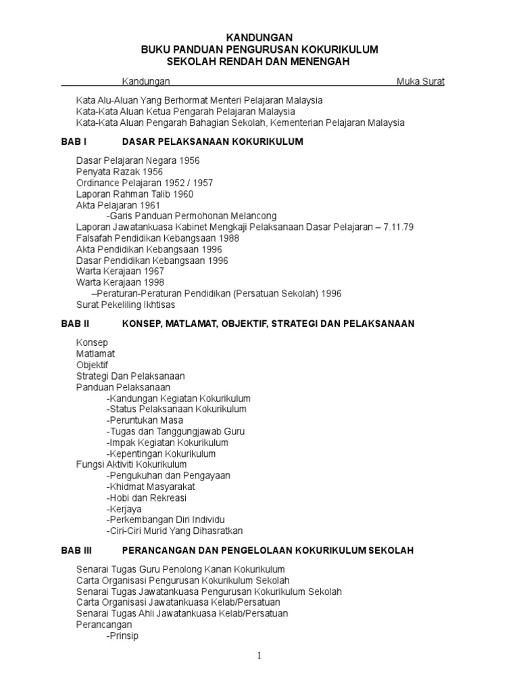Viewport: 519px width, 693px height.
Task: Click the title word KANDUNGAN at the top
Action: pos(259,38)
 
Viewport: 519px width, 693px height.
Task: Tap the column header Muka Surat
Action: pos(420,82)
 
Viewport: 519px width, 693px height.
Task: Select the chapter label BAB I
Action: pos(74,141)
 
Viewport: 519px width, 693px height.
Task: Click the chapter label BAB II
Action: pos(76,324)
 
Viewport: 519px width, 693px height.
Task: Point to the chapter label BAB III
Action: pos(77,550)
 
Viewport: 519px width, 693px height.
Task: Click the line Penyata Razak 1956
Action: pos(120,172)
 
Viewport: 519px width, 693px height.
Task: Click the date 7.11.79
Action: pos(397,227)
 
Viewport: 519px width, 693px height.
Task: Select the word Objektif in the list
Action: pos(93,365)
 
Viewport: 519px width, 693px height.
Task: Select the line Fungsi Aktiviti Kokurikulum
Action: pos(132,464)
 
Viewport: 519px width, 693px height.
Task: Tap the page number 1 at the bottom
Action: pos(259,656)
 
